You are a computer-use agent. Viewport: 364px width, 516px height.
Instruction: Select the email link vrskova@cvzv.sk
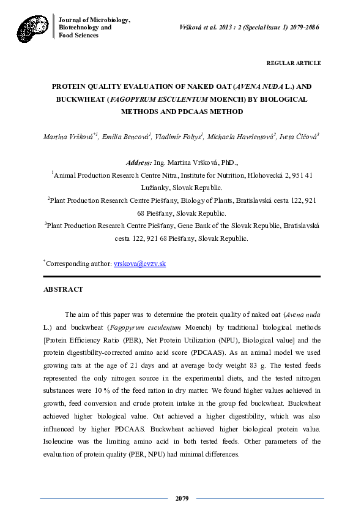(x=140, y=264)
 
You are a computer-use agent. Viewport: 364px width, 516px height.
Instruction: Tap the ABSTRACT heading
(x=63, y=289)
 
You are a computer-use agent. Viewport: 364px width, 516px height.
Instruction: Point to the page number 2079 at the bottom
(x=182, y=499)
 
